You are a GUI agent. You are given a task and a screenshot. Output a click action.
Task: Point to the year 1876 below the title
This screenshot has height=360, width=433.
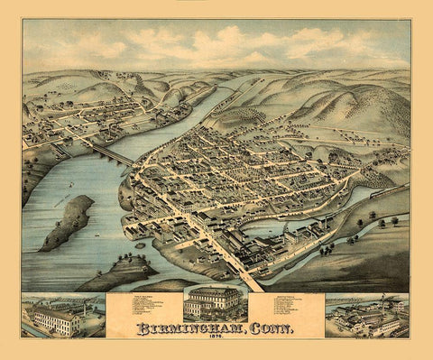pyautogui.click(x=216, y=339)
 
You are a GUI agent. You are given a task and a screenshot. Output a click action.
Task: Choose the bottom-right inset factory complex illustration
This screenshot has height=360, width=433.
pyautogui.click(x=366, y=314)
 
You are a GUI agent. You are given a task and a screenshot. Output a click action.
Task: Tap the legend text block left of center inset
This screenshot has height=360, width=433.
pyautogui.click(x=144, y=311)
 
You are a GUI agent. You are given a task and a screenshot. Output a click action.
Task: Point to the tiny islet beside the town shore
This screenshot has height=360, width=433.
pyautogui.click(x=140, y=245)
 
